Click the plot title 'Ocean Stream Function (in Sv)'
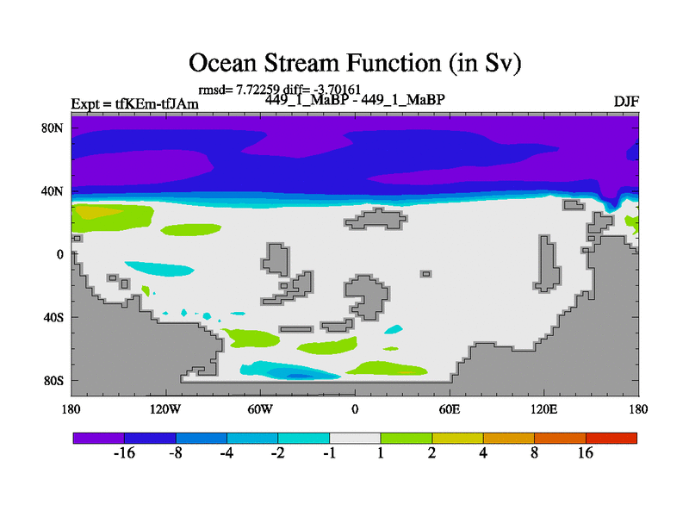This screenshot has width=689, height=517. click(x=355, y=63)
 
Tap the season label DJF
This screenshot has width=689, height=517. click(x=626, y=102)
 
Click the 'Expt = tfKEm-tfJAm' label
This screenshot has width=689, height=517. click(x=135, y=104)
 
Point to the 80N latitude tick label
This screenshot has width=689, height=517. click(x=53, y=128)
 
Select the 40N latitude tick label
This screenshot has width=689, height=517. click(x=53, y=191)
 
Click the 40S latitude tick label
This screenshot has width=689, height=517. click(x=53, y=317)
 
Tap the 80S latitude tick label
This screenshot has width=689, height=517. click(x=53, y=380)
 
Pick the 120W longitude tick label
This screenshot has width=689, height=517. click(x=165, y=409)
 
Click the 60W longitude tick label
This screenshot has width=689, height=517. click(x=260, y=409)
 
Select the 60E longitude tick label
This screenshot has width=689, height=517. click(x=450, y=409)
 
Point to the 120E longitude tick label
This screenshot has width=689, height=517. click(x=544, y=409)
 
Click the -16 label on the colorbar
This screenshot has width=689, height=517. click(x=124, y=453)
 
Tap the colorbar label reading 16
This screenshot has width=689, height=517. click(x=586, y=453)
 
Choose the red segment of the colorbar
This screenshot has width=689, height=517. click(x=611, y=438)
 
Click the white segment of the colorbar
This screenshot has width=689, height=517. click(x=355, y=438)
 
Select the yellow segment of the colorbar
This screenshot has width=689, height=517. click(x=457, y=438)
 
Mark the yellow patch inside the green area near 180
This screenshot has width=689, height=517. click(x=97, y=212)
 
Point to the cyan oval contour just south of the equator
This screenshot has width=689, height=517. click(x=160, y=269)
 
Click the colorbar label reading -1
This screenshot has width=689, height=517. click(x=330, y=453)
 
